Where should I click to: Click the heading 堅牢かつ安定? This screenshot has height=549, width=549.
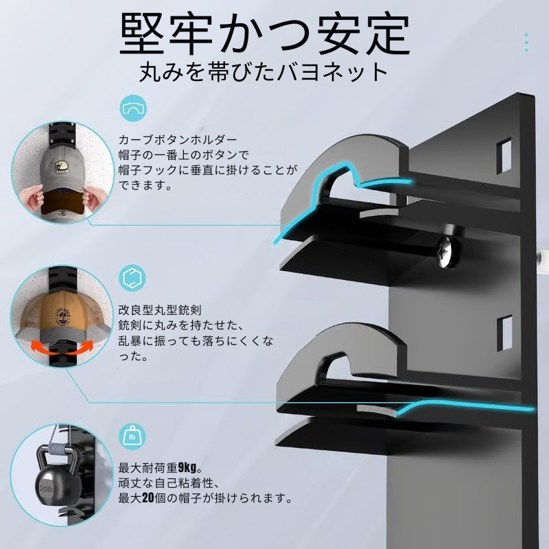point(265,34)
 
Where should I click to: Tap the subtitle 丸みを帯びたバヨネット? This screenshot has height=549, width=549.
point(263,72)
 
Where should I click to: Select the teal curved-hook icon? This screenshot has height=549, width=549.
point(133,108)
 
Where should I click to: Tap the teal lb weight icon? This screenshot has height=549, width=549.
point(132,436)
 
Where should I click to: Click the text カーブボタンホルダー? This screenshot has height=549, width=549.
point(178,140)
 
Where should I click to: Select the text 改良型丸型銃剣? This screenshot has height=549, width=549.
point(160,310)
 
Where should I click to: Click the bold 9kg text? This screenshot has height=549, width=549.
point(187,467)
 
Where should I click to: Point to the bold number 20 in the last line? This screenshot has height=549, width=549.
point(148,498)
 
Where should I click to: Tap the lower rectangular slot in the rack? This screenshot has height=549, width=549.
point(504,333)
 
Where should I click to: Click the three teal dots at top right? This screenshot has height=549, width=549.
point(526,43)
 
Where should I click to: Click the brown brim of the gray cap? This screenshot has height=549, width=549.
point(63,202)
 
